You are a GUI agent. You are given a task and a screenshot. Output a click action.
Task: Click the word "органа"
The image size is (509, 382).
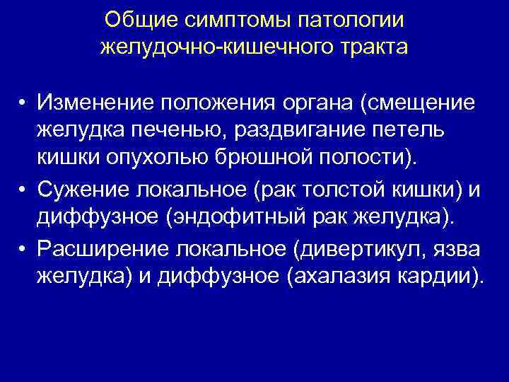pos(317,104)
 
